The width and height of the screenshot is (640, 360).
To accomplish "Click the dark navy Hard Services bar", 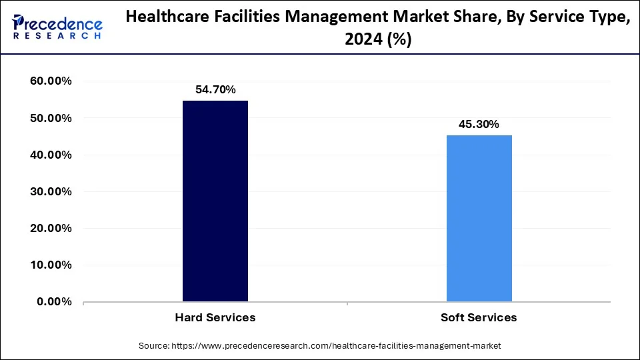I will tap(215, 201).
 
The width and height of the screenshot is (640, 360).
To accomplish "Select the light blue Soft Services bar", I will tap(479, 218).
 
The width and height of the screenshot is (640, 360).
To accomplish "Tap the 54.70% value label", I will tap(215, 89).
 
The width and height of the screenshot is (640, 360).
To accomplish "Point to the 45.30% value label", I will tap(479, 124).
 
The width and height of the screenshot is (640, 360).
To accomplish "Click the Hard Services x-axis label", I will tap(215, 317).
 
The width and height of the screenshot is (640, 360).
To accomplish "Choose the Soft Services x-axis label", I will tap(479, 317).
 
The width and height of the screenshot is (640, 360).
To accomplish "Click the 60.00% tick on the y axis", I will tap(51, 81).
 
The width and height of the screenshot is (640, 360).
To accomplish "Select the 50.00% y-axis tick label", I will tap(51, 118).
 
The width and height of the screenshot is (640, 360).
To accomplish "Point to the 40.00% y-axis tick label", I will tap(51, 155).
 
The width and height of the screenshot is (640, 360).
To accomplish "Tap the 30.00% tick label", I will tap(51, 191).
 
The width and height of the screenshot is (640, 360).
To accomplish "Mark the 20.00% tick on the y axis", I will tap(51, 228).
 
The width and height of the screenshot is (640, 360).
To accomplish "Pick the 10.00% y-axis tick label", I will tap(51, 265).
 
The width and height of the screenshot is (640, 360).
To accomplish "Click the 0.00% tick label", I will tap(54, 301).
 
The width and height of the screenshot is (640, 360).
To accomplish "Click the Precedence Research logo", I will tap(57, 26).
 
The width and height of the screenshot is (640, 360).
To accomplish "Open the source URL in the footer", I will tap(337, 346).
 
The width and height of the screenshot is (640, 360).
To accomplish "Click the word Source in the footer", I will tap(154, 346).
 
